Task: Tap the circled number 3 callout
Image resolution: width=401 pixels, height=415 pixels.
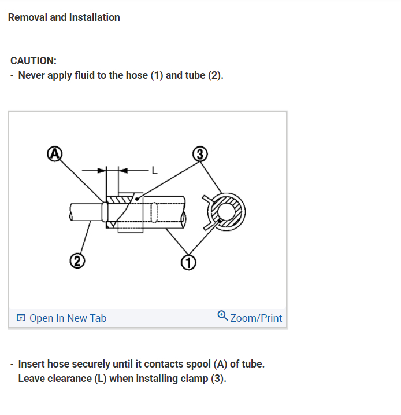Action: click(199, 153)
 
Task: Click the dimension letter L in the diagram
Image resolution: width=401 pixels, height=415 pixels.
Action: click(154, 170)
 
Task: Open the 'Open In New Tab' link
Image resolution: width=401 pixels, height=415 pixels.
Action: click(68, 318)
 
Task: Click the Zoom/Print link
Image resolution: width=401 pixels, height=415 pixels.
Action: click(256, 318)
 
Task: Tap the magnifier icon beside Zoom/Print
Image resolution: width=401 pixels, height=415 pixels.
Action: click(222, 315)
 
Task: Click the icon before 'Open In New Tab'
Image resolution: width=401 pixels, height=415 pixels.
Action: click(21, 318)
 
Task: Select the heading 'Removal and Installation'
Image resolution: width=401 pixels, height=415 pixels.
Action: click(64, 17)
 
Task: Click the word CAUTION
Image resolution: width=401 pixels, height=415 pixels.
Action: click(34, 61)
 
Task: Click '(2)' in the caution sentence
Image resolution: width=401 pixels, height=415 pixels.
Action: click(214, 75)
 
